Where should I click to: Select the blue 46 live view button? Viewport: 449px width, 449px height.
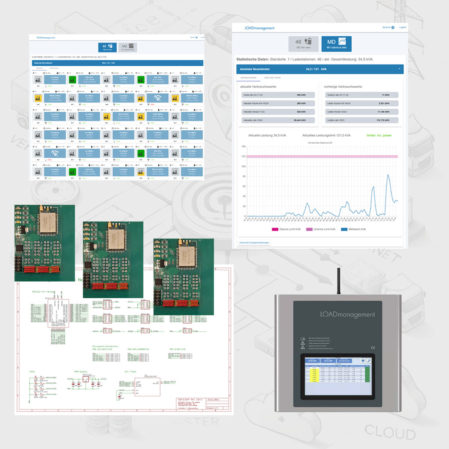[107, 48]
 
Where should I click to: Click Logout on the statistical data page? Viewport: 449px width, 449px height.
[402, 27]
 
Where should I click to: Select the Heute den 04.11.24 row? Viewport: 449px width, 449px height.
[277, 95]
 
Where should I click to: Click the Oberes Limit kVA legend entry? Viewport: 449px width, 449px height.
[288, 229]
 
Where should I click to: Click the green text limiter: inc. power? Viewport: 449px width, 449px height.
[379, 135]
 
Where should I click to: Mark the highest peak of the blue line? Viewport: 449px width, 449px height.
[388, 175]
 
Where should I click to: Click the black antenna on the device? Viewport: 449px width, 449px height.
[339, 281]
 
